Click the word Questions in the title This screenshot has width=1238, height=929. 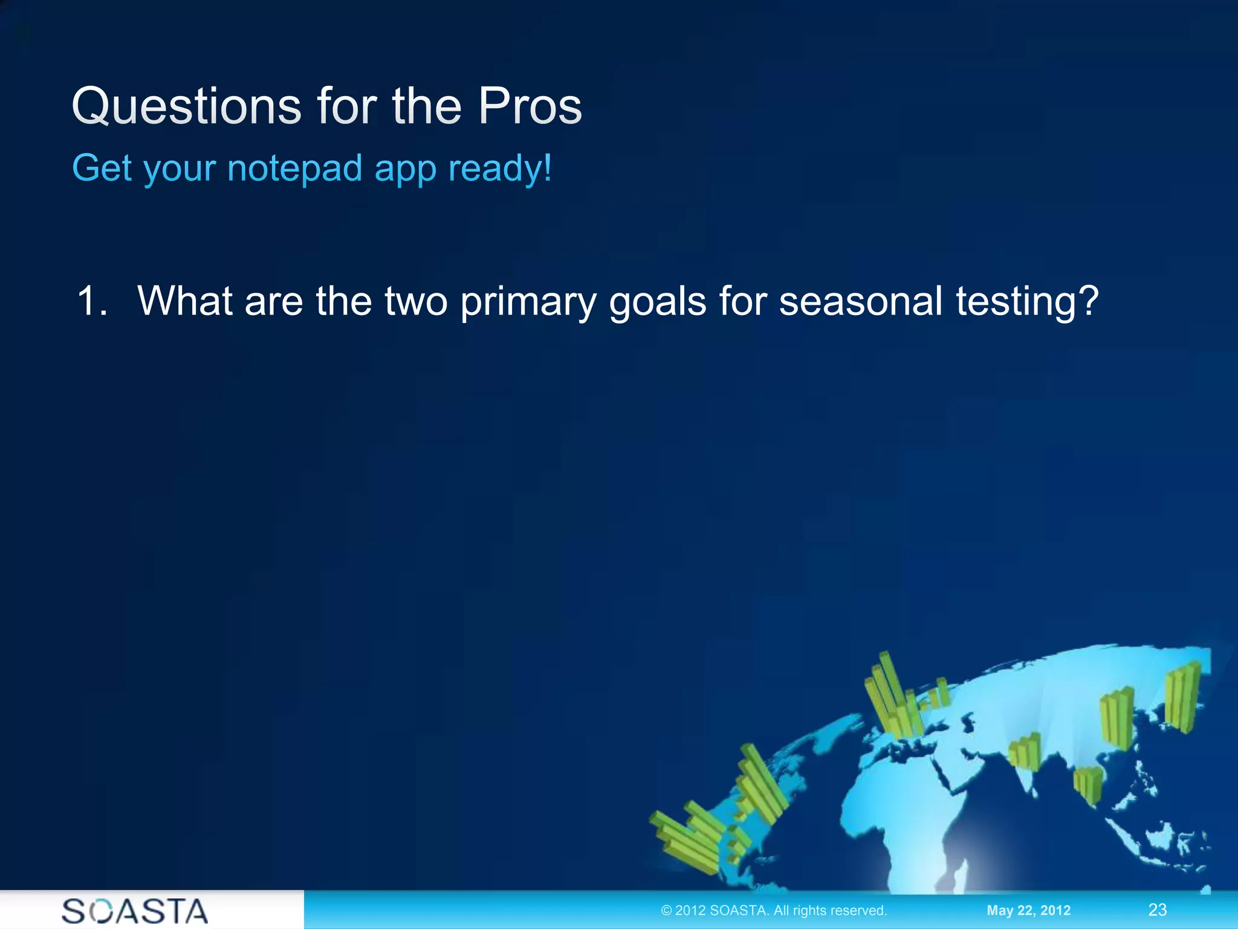coord(186,106)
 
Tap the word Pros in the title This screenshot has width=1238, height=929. coord(530,106)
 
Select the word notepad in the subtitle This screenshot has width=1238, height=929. coord(294,168)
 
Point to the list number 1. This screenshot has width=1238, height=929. coord(92,301)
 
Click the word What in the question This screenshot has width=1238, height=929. coord(184,301)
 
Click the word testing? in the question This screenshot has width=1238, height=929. coord(1026,302)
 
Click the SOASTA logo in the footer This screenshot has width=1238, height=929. coord(135,911)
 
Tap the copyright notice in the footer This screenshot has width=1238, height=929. coord(774,910)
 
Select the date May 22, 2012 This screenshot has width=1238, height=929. coord(1028,910)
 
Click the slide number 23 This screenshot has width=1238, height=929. coord(1157,910)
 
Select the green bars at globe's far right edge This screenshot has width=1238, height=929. coord(1182,696)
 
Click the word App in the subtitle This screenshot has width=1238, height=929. coord(405,169)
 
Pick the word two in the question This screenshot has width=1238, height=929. coord(416,301)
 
